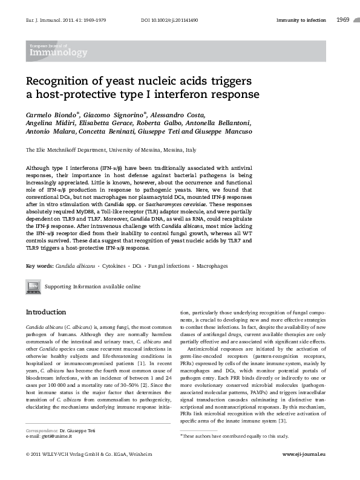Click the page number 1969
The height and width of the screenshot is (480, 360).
343,21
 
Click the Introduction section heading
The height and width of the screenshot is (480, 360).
45,312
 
